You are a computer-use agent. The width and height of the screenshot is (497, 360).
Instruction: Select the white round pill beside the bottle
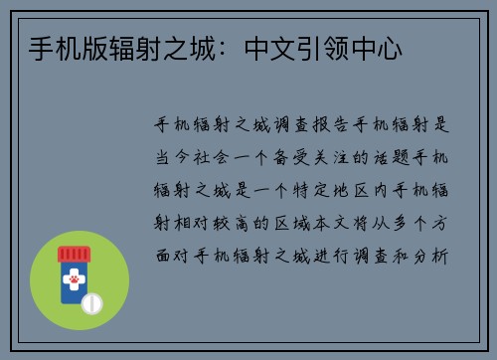pos(92,300)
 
